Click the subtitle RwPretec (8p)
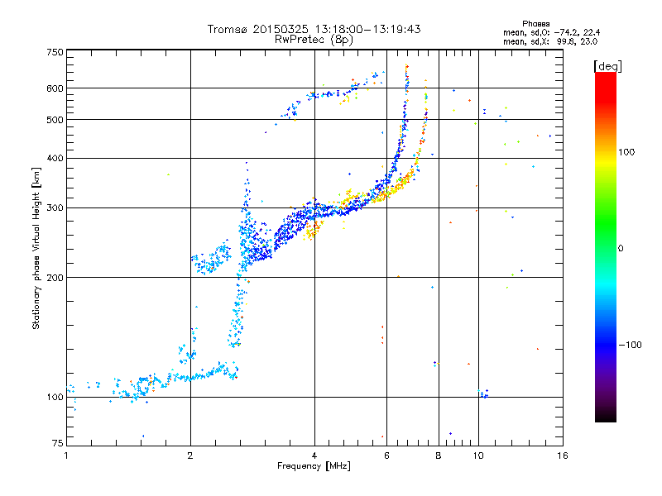[314, 40]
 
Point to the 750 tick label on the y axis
[55, 52]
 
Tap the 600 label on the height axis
[55, 88]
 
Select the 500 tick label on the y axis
[55, 120]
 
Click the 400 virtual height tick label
[55, 159]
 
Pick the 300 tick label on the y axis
[55, 208]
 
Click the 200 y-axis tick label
[55, 278]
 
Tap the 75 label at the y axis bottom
[58, 443]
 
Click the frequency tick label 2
[190, 455]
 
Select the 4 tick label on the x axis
[314, 455]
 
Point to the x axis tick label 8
[439, 455]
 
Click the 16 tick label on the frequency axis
[563, 455]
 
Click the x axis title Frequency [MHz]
[314, 466]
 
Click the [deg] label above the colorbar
[608, 66]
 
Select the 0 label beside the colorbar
[621, 249]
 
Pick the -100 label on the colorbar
[631, 345]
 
